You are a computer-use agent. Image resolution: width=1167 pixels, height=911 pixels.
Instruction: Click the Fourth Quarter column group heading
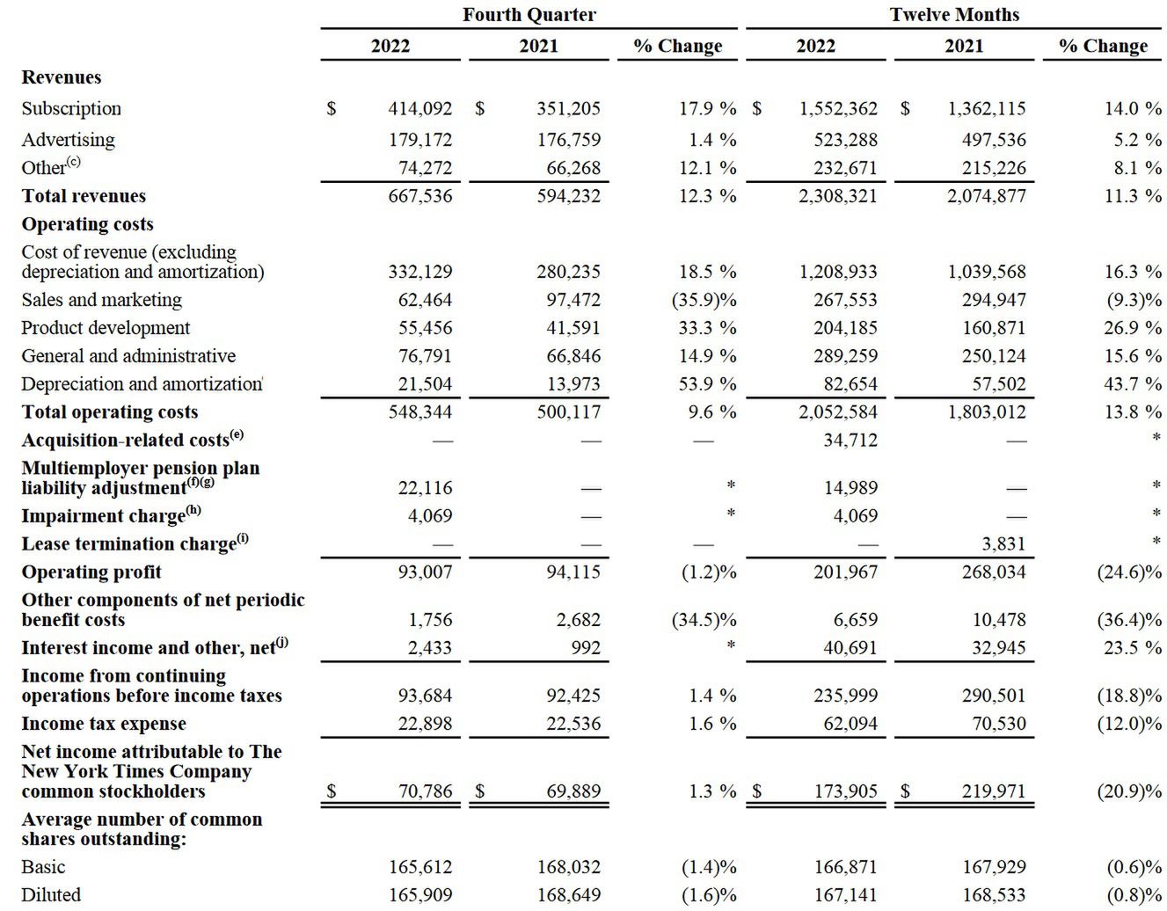tap(529, 15)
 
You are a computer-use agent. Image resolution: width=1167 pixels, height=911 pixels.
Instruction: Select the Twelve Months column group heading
tap(954, 15)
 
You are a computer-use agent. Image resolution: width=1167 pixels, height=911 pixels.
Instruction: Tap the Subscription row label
tap(71, 109)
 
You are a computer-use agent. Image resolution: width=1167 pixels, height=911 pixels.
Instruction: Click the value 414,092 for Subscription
tap(419, 109)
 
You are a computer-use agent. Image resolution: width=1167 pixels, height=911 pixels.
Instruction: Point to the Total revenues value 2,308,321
tap(837, 196)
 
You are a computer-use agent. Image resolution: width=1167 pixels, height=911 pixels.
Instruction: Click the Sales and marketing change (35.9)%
tap(704, 300)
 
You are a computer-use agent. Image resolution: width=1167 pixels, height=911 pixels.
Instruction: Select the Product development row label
tap(106, 328)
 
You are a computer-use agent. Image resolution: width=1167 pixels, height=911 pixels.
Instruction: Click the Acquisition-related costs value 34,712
tap(850, 440)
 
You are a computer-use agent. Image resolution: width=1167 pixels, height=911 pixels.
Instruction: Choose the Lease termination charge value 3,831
tap(1003, 544)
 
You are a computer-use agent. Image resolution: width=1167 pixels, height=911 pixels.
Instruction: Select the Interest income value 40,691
tap(850, 648)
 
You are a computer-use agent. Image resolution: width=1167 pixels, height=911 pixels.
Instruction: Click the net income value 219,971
tap(993, 791)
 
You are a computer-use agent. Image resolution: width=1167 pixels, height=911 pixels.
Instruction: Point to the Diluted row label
tap(51, 895)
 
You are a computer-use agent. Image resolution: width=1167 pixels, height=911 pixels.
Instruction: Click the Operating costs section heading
tap(87, 224)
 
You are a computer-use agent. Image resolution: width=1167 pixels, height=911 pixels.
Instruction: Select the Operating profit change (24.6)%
tap(1129, 572)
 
